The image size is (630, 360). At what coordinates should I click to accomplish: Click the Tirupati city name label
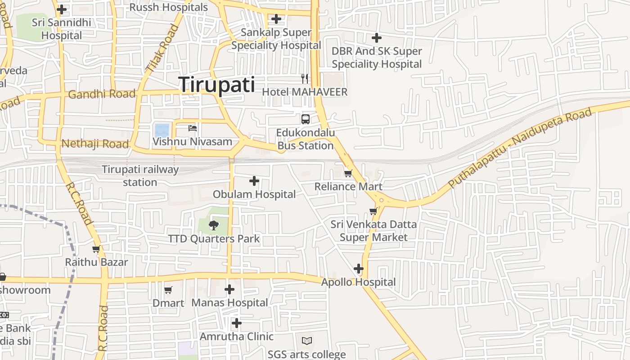coord(217,85)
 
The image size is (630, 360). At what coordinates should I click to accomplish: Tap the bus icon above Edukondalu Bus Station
coord(305,119)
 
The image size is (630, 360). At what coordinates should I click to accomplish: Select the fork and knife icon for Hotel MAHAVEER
coord(305,79)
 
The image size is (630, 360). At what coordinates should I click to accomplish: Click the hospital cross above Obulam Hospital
coord(254,181)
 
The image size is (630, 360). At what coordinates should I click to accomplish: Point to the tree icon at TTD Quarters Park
coord(214,225)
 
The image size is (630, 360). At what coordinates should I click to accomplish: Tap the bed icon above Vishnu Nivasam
coord(193,128)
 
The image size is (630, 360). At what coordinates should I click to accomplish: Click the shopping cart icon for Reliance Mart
coord(347,173)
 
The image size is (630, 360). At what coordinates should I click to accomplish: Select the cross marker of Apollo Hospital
coord(358,269)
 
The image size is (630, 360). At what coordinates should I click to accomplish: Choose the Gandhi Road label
coord(102,94)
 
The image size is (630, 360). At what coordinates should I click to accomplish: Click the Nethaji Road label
coord(95,144)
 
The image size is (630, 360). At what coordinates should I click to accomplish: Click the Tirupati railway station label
coord(140,176)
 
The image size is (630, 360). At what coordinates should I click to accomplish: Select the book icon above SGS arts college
coord(307,341)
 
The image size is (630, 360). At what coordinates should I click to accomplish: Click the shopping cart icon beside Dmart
coord(168,290)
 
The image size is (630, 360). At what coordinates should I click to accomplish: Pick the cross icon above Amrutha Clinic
coord(237,323)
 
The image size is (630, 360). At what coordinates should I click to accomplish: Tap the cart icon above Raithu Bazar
coord(96,249)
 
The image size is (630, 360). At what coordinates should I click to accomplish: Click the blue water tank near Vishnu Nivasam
coord(162,130)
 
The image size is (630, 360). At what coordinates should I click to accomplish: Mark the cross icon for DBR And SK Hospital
coord(377,38)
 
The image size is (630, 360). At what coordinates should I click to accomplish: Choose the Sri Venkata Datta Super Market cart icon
coord(373,211)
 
